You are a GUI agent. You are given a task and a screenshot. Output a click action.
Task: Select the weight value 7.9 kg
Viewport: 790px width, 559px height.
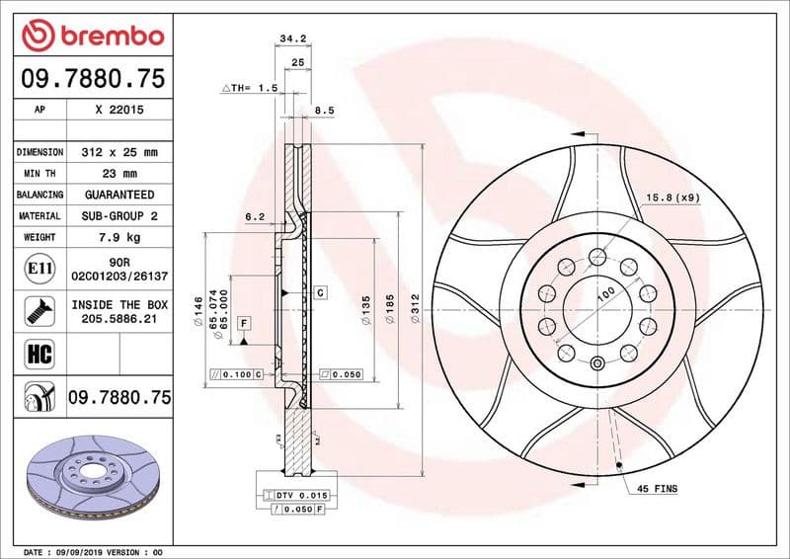click(119, 237)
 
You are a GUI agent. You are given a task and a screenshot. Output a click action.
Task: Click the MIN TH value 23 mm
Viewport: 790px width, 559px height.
click(119, 174)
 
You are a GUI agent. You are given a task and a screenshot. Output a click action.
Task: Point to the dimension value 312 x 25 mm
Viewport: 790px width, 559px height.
click(119, 152)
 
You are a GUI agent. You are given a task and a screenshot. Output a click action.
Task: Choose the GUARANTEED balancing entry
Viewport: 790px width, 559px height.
click(119, 195)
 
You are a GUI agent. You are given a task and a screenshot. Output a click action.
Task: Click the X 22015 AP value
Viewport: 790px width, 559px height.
click(119, 111)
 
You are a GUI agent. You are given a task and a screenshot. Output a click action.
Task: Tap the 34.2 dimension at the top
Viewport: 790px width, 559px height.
click(289, 40)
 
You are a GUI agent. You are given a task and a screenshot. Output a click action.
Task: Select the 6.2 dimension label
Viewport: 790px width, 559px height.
click(255, 215)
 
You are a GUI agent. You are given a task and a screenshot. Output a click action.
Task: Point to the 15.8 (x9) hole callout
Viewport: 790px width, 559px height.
click(673, 198)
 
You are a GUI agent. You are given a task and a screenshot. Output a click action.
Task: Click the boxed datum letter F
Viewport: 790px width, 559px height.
click(243, 323)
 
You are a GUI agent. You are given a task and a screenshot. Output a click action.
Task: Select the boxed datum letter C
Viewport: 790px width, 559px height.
click(321, 293)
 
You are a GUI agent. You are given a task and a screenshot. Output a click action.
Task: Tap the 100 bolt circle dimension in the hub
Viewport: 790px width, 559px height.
click(604, 293)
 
